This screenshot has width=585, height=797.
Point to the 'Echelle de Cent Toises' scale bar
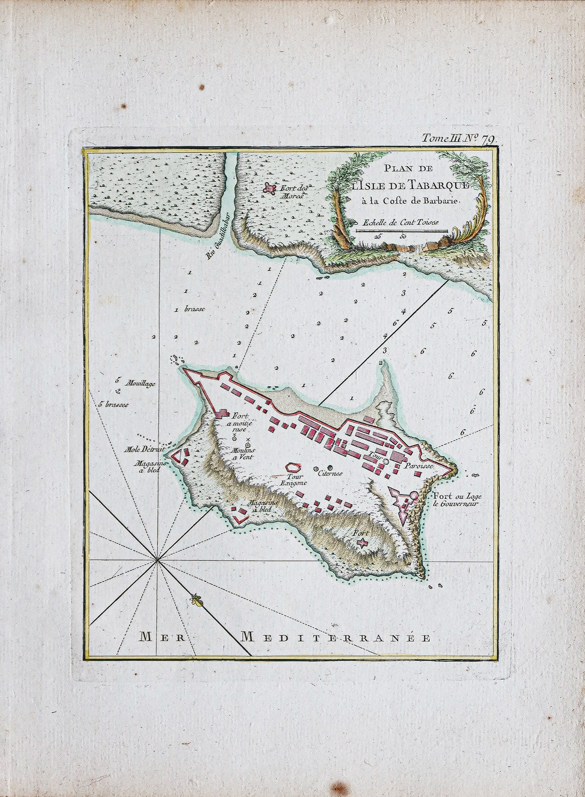click(x=401, y=231)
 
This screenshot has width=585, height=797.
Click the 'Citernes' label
click(x=331, y=473)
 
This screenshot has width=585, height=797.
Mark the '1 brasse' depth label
click(x=190, y=309)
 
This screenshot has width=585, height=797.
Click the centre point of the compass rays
click(x=157, y=560)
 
